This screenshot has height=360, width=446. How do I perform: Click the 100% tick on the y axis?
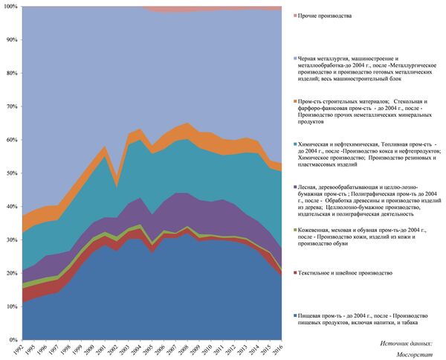coord(10,7)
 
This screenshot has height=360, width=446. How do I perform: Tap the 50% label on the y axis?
coord(11,173)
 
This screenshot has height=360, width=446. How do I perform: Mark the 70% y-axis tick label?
coord(11,106)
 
